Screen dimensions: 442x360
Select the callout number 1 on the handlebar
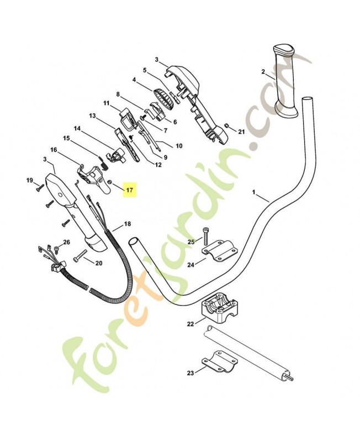pos(253,193)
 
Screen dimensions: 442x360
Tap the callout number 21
pos(241,131)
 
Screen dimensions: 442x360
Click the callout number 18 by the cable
pos(128,224)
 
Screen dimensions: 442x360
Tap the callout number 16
pos(54,150)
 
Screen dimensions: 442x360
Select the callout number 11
pos(106,103)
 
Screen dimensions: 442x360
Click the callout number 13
pos(92,116)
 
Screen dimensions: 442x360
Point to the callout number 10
pos(178,146)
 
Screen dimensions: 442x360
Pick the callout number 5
pos(145,71)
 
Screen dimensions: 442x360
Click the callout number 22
pos(190,324)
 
